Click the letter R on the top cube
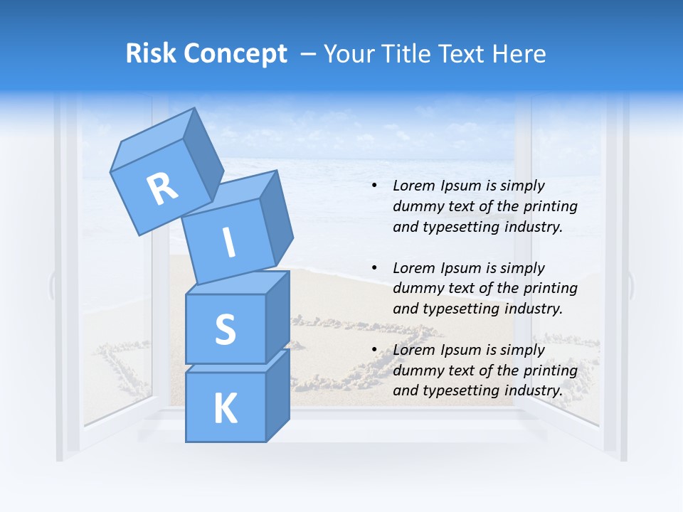pyautogui.click(x=162, y=188)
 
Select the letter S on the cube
pyautogui.click(x=225, y=329)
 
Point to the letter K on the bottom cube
pyautogui.click(x=225, y=409)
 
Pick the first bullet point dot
pyautogui.click(x=374, y=186)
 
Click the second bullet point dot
pyautogui.click(x=374, y=268)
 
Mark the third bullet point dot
pyautogui.click(x=374, y=350)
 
